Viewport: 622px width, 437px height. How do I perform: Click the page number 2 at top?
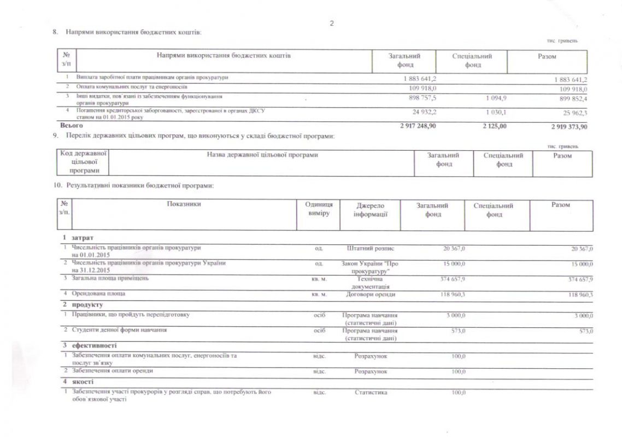331,23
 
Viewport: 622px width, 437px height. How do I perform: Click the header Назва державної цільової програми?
262,156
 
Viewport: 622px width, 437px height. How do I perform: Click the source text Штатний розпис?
371,249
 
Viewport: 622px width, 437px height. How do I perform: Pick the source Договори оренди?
371,294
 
